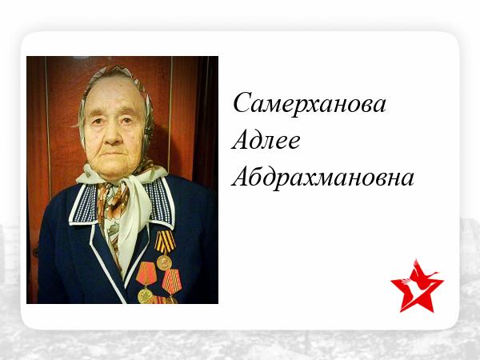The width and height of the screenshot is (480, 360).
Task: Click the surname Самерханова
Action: click(310, 103)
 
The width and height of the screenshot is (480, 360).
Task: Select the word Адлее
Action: click(266, 140)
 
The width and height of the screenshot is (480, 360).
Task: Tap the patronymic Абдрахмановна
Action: click(323, 177)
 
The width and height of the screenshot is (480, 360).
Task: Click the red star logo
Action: click(417, 286)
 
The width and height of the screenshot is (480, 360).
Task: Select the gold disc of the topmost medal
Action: click(164, 262)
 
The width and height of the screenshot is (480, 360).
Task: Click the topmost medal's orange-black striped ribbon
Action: click(165, 242)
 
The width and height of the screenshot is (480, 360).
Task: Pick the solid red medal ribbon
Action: click(146, 274)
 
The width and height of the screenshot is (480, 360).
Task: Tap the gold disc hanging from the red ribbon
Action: click(145, 296)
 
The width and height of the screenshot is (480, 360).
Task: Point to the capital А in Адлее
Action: click(241, 139)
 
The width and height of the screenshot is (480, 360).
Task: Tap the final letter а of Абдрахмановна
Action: click(408, 180)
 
